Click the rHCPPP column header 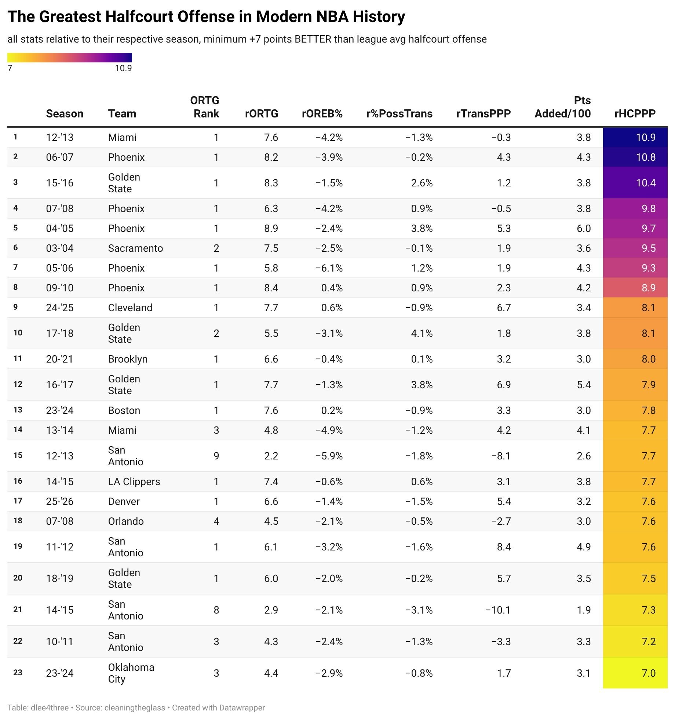click(x=635, y=114)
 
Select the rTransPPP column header click(x=483, y=114)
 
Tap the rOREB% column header click(x=322, y=114)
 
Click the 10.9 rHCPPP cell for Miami click(x=646, y=137)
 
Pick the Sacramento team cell click(x=135, y=248)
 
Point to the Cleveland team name click(x=130, y=308)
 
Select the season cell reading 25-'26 click(x=60, y=501)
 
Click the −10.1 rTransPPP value click(x=498, y=610)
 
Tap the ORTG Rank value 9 click(x=216, y=456)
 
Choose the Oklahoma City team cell click(x=131, y=673)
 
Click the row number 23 click(x=18, y=673)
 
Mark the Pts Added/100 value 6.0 click(x=583, y=228)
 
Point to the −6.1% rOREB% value click(x=329, y=268)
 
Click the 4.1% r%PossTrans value click(x=422, y=333)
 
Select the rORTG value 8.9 click(x=271, y=228)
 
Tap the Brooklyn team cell click(x=128, y=359)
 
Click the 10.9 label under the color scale click(x=123, y=68)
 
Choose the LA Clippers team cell click(x=134, y=481)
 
